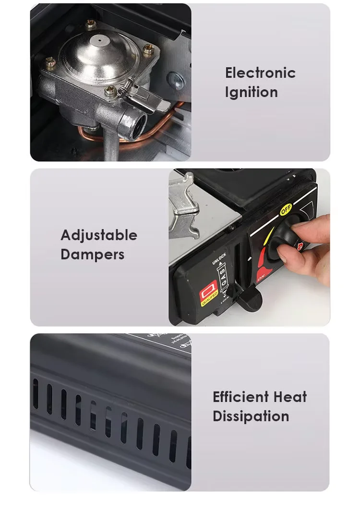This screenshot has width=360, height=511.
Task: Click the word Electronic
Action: click(x=260, y=73)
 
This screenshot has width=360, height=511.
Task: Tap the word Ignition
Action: click(x=251, y=92)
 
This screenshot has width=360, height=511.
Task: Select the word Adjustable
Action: click(x=99, y=235)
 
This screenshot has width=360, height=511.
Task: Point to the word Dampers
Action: click(x=92, y=255)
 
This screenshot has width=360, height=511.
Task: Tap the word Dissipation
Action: click(x=251, y=416)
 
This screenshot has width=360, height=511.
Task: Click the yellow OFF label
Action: click(x=286, y=210)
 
